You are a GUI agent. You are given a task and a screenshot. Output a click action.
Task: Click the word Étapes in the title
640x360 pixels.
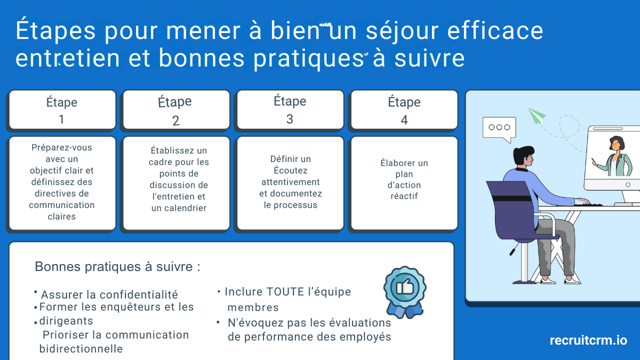(x=55, y=31)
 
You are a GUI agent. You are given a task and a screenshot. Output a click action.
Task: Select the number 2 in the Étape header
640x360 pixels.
(x=176, y=121)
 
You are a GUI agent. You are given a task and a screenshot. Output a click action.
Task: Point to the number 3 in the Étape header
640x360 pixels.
(x=290, y=119)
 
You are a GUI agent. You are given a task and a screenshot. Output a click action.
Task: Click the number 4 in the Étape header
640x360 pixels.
(x=404, y=121)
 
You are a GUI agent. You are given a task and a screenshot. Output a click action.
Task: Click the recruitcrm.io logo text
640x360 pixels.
(x=588, y=340)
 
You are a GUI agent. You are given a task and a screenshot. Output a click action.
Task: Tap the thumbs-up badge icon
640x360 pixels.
(x=404, y=289)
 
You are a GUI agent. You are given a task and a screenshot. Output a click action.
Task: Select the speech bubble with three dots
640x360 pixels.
(x=499, y=128)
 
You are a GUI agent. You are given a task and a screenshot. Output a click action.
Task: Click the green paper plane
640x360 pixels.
(x=537, y=116)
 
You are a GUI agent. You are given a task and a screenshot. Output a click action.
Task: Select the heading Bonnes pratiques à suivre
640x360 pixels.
(x=117, y=267)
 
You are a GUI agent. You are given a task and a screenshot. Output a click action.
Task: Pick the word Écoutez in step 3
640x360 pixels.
(x=290, y=171)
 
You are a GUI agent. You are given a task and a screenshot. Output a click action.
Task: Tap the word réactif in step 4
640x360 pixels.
(x=404, y=196)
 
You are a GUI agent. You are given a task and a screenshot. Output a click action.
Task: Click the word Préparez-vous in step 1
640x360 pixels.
(x=61, y=147)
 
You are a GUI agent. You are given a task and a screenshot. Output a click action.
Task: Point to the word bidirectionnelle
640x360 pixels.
(x=81, y=349)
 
